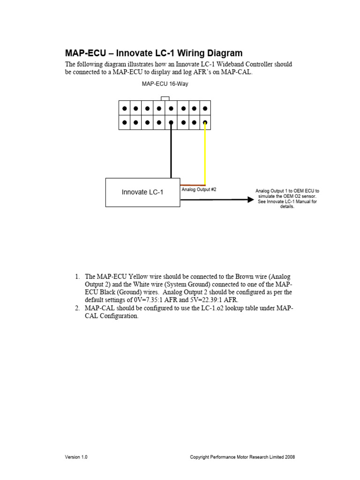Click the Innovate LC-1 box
[142, 192]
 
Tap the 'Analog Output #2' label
[199, 189]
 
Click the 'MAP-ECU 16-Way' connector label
[165, 84]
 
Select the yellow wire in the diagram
[205, 155]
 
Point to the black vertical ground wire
[171, 152]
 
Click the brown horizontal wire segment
[193, 185]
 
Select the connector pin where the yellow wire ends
[205, 123]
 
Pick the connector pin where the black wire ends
[171, 123]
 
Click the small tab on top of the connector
[165, 98]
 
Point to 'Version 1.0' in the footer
[76, 457]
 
